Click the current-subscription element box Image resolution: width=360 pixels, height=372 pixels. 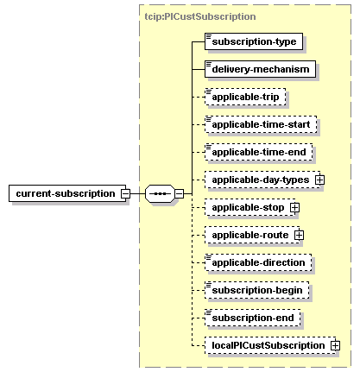coord(67,193)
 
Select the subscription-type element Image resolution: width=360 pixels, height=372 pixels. coord(254,41)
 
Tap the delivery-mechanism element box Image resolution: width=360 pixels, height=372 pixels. coord(260,69)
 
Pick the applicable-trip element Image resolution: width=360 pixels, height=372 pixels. coord(245,97)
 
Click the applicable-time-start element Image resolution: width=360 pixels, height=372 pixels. coord(261,124)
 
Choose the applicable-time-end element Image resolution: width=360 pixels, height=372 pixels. coord(259,152)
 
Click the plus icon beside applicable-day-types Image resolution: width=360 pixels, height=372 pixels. coord(319,180)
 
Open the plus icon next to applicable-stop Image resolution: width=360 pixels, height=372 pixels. coord(294,207)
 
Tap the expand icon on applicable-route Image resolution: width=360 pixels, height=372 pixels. coord(299,235)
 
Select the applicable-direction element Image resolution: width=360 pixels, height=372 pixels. coord(258,262)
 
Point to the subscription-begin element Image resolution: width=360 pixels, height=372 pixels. coord(257,290)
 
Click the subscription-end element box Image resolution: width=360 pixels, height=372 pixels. coord(253,318)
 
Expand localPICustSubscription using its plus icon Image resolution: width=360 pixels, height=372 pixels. coord(335,345)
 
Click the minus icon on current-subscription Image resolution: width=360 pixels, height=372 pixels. coord(125,193)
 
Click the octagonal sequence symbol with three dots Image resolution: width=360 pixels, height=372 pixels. coord(160,193)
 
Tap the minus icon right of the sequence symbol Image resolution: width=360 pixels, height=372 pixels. coord(179,193)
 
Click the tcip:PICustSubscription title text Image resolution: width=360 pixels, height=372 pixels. coord(200,16)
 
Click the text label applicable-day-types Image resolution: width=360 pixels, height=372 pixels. coord(261,180)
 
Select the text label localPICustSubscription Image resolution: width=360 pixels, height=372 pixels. coord(268,345)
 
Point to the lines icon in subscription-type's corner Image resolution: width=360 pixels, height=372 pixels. coord(209,36)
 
